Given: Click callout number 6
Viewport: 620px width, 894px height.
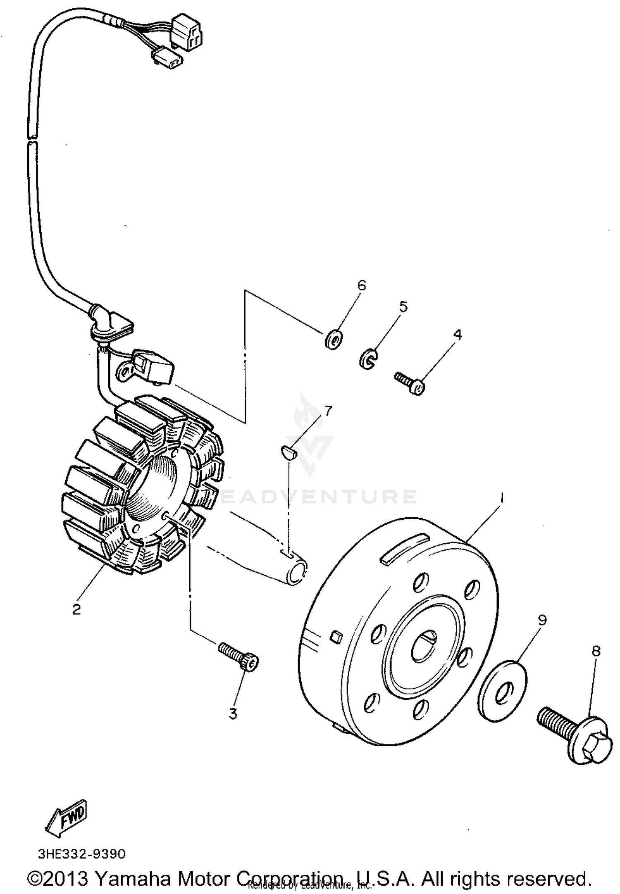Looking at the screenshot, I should (361, 285).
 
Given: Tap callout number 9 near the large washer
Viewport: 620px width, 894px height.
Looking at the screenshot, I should (542, 620).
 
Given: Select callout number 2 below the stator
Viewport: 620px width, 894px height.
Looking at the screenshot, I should (76, 609).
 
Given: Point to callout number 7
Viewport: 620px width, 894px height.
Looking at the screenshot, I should (327, 411).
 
